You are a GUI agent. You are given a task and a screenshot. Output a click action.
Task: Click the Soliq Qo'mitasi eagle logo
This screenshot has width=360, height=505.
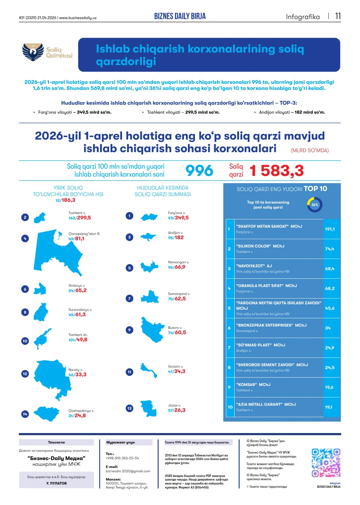click(33, 52)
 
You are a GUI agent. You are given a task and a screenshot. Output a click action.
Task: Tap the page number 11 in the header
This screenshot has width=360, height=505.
click(338, 16)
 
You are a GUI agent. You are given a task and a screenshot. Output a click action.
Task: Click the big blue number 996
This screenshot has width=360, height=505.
click(199, 170)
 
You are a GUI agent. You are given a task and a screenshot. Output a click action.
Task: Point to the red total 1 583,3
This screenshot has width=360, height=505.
click(276, 170)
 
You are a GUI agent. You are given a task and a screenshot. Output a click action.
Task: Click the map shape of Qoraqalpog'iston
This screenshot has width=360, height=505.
click(58, 252)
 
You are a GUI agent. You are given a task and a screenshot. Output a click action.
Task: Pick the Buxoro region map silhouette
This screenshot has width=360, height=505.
click(152, 329)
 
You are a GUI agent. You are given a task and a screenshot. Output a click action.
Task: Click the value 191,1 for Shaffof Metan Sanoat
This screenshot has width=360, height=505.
click(329, 229)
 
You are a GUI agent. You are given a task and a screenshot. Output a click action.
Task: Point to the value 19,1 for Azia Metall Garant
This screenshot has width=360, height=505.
click(329, 407)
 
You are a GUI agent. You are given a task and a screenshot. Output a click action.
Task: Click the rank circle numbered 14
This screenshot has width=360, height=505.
click(25, 414)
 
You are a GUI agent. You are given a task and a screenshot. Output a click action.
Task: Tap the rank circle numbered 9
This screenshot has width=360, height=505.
click(129, 330)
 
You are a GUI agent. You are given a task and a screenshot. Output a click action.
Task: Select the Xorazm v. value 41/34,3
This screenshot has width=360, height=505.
click(176, 371)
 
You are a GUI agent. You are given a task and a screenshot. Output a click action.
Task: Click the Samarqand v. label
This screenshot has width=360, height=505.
click(179, 294)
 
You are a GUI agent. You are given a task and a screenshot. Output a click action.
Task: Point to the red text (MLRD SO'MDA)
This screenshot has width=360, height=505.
click(310, 150)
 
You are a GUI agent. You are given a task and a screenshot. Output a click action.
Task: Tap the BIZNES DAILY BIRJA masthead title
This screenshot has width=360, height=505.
click(180, 16)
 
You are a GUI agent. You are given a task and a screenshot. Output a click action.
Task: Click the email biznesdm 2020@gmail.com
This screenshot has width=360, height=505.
click(128, 471)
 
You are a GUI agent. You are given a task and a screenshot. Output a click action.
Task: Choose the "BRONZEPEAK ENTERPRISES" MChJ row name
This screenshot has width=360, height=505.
click(271, 325)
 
